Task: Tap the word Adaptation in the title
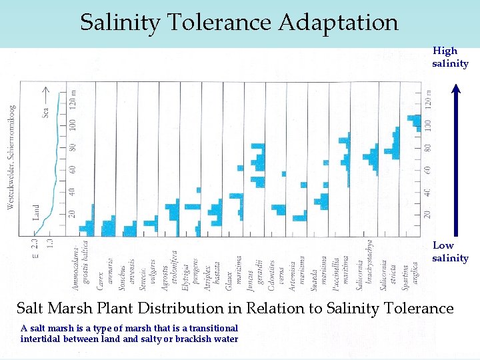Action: click(338, 23)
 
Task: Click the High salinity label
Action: click(450, 57)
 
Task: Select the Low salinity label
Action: click(450, 251)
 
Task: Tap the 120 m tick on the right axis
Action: click(428, 99)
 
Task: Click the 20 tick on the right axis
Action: click(428, 214)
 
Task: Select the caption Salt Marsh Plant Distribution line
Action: click(234, 308)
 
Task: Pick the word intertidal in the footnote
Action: click(44, 339)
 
